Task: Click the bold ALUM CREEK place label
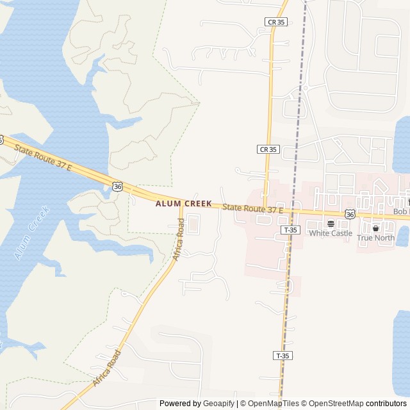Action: click(x=183, y=204)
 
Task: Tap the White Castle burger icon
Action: click(x=331, y=224)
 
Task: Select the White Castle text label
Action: click(x=331, y=233)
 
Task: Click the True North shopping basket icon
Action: click(x=375, y=228)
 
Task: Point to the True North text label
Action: click(x=375, y=238)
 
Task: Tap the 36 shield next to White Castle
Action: click(x=350, y=214)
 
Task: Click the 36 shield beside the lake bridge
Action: click(x=117, y=186)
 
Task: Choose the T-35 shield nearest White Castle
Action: click(x=290, y=229)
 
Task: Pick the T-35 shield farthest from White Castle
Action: click(x=282, y=355)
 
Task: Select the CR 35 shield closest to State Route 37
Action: click(x=268, y=149)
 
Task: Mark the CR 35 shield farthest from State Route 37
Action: click(x=275, y=22)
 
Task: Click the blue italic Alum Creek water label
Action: click(x=31, y=233)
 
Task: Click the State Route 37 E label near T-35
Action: click(x=252, y=208)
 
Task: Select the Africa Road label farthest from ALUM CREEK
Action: click(x=106, y=368)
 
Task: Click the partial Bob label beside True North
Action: click(x=401, y=211)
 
